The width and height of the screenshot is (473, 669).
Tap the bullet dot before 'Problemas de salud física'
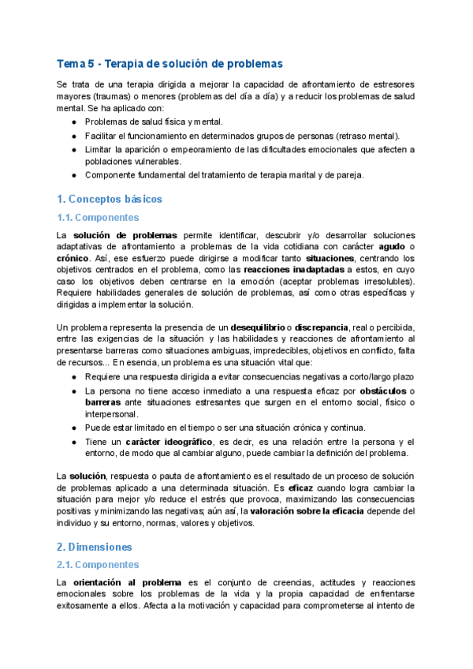(74, 122)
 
